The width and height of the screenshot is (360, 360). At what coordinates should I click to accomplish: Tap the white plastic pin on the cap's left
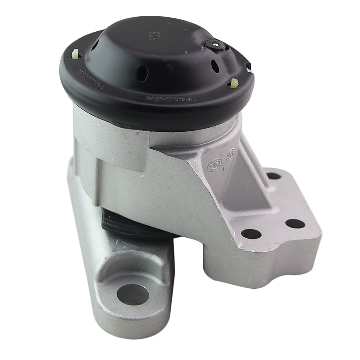coord(76,54)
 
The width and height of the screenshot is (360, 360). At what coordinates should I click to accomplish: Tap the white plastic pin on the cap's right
coord(235,82)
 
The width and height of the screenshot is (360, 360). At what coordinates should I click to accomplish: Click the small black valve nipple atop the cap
coord(216,45)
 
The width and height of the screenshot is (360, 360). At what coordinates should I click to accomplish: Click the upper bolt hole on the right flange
coord(274,176)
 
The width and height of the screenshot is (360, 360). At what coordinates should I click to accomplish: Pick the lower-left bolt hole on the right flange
coord(251,234)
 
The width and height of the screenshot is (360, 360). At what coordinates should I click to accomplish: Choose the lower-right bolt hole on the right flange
coord(295,224)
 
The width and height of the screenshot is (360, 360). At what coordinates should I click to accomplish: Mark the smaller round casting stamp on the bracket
coord(230,155)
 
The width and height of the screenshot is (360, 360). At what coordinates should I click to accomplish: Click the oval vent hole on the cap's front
coord(142,73)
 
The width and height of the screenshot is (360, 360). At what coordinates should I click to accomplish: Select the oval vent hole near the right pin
coord(215,66)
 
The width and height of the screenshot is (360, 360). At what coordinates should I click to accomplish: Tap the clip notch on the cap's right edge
coord(248,67)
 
